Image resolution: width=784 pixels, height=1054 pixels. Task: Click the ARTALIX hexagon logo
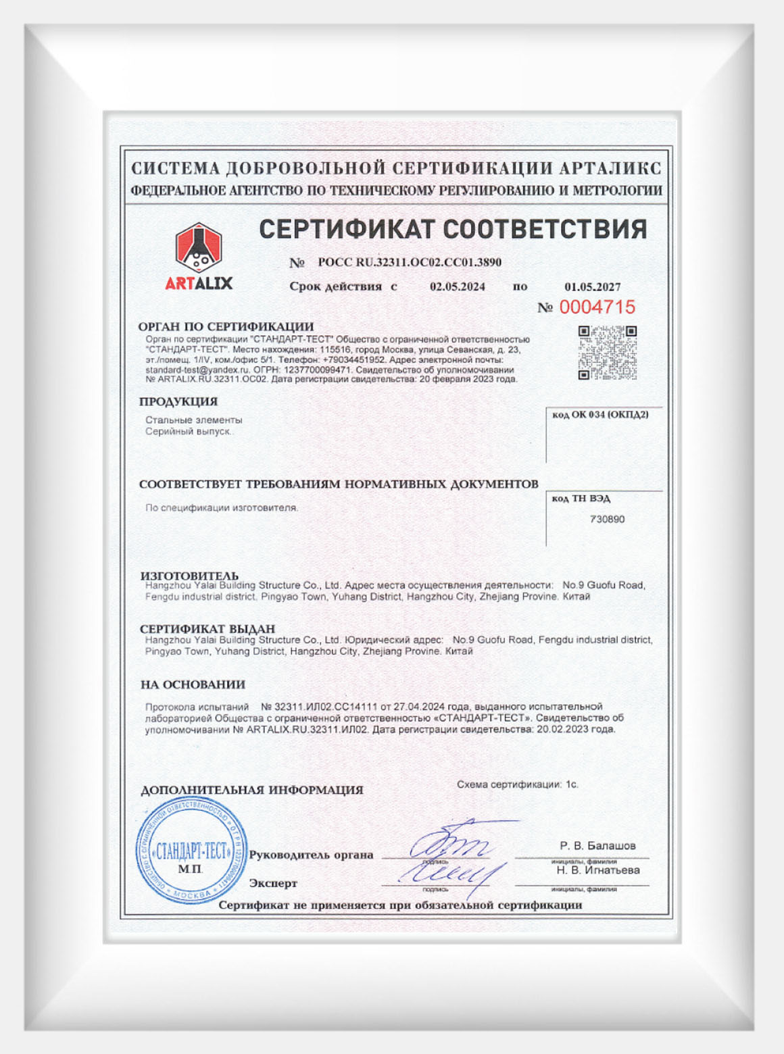pos(199,247)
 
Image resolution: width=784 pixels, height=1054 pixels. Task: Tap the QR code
pos(607,353)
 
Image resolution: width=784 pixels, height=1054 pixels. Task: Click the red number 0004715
pos(597,307)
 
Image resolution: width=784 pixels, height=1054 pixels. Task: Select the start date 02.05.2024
pos(458,286)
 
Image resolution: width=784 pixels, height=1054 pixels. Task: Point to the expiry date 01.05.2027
pos(593,287)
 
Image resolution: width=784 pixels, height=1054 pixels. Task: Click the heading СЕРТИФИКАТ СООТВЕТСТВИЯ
pos(453,230)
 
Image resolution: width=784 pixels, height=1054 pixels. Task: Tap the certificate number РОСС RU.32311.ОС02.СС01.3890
pos(410,262)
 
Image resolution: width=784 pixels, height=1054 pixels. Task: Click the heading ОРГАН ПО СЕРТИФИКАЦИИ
pos(226,326)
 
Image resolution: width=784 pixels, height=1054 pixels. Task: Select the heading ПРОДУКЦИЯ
pos(178,401)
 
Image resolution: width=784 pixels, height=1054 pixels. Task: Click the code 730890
pos(607,520)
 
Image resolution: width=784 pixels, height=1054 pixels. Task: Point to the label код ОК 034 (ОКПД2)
pos(600,415)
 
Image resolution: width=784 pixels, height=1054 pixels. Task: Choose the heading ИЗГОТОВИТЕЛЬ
pos(189,576)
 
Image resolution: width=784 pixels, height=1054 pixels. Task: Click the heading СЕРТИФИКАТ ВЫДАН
pos(207,628)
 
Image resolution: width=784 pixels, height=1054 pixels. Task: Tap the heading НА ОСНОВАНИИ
pos(193,684)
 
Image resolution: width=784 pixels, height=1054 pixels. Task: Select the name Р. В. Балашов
pos(597,846)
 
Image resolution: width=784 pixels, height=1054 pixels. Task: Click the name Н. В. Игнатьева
pos(598,870)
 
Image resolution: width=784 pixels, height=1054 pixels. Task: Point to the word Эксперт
pos(273,883)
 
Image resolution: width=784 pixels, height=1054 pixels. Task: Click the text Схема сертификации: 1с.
pos(517,784)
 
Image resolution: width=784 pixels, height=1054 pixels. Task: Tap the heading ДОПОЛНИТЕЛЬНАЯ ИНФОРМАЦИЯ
pos(251,790)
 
